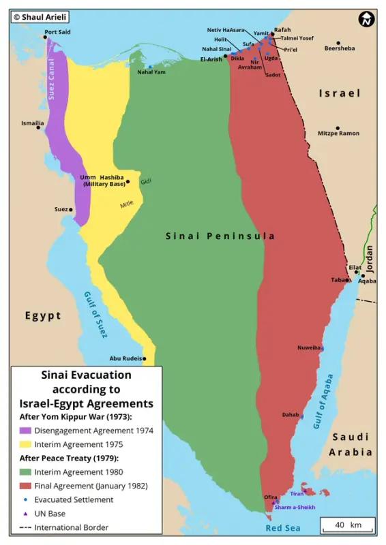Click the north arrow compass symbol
[x=366, y=19]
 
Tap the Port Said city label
[x=57, y=32]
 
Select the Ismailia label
[x=31, y=123]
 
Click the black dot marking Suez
[x=72, y=209]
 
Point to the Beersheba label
[x=340, y=48]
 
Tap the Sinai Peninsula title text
[x=220, y=236]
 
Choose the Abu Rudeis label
[x=125, y=358]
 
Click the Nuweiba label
[x=308, y=347]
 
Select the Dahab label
[x=291, y=414]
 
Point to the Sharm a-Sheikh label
[x=293, y=508]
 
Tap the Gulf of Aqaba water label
[x=323, y=401]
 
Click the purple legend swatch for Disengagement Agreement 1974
[x=25, y=431]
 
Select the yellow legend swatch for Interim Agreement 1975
[x=25, y=444]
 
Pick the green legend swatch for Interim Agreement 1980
[x=25, y=472]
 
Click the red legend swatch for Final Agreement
[x=25, y=486]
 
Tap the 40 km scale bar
[x=346, y=526]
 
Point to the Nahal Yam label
[x=151, y=72]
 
